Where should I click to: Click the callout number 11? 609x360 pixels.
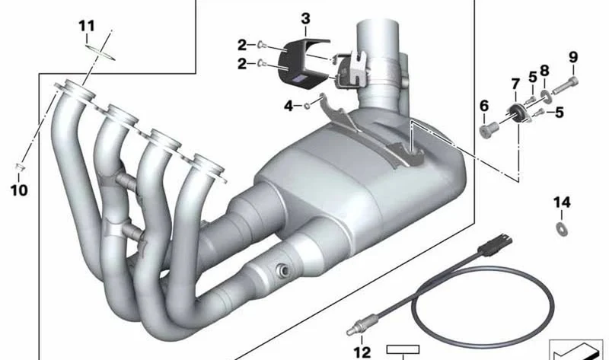point(86,27)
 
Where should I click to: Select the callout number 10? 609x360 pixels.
point(19,190)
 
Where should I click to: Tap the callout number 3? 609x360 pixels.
point(306,18)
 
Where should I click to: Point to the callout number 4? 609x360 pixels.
point(289,106)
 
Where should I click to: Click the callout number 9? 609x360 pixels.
point(573,58)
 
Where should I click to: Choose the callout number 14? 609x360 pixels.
point(562,202)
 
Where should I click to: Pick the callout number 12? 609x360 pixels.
point(362,352)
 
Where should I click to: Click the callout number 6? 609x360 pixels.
point(484,106)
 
